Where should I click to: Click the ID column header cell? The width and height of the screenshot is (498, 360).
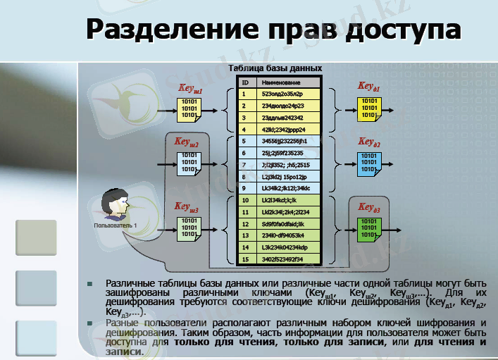[x=244, y=82]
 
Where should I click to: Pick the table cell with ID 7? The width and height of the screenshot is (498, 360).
[x=244, y=165]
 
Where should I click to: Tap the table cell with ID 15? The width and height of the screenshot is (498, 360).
[x=244, y=259]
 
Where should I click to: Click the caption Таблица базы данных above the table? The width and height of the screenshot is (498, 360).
[x=275, y=68]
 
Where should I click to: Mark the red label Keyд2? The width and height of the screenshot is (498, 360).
[x=368, y=143]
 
